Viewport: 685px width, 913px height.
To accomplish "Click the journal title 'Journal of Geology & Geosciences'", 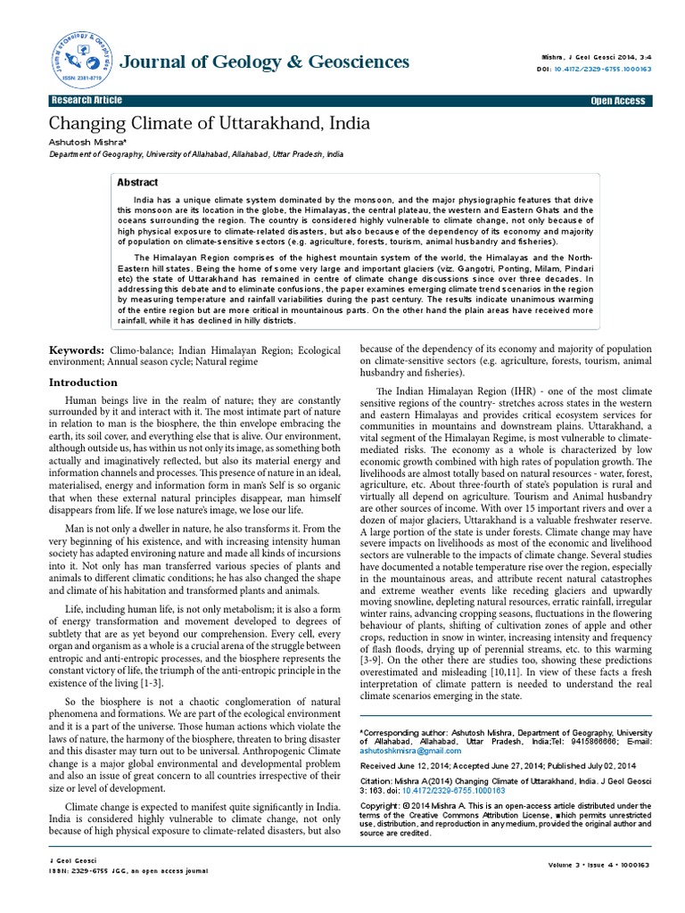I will coord(264,62).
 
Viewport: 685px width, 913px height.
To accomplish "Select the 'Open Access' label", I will coord(617,101).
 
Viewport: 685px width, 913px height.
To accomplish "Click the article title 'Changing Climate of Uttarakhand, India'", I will coord(209,122).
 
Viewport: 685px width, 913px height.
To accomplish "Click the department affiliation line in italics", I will coord(195,154).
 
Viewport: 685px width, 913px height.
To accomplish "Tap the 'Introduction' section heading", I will coord(82,382).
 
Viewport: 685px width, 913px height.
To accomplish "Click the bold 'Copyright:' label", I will coord(379,805).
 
